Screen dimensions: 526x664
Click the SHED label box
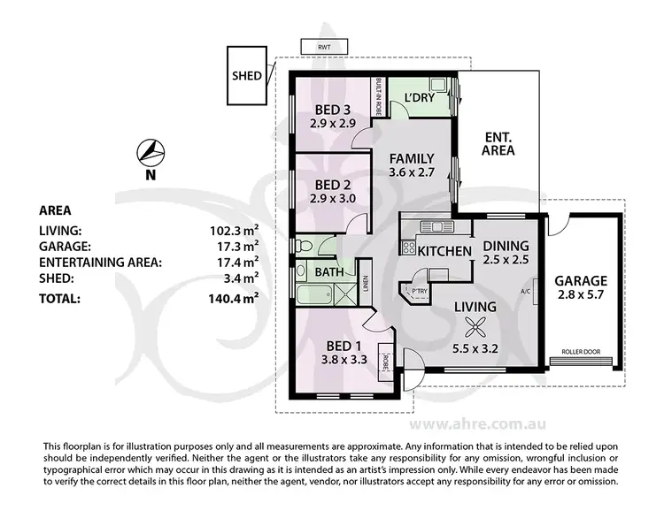247,75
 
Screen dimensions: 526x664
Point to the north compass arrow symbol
151,152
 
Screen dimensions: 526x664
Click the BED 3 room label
333,110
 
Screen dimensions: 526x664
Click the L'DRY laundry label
418,97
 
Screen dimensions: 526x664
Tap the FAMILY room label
413,159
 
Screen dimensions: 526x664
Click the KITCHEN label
444,252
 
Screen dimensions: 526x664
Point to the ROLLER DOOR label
581,352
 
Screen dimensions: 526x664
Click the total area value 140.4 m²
235,299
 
